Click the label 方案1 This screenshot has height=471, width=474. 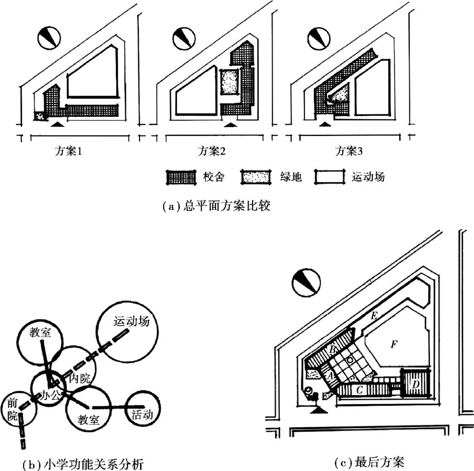tap(68, 151)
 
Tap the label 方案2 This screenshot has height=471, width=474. tap(211, 151)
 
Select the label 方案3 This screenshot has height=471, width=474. tap(349, 151)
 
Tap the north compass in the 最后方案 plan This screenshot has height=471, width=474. tap(306, 283)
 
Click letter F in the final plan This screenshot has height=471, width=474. tap(393, 344)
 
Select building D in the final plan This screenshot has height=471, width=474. tap(415, 383)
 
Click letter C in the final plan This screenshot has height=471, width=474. tap(360, 390)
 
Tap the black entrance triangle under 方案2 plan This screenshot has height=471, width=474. tap(228, 125)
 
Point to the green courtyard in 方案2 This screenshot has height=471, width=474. tap(229, 82)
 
